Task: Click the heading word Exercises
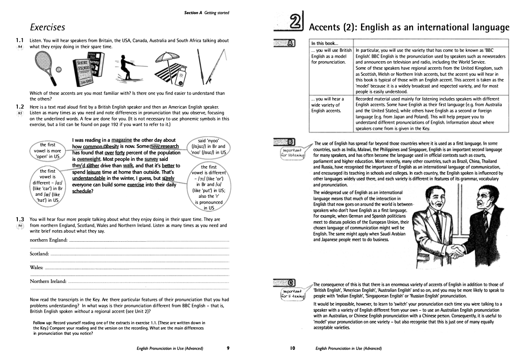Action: click(x=48, y=27)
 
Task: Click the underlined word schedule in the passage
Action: click(x=82, y=191)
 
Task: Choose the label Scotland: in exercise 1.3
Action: click(x=39, y=254)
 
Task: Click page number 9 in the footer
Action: click(x=228, y=348)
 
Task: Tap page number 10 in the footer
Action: click(x=293, y=348)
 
